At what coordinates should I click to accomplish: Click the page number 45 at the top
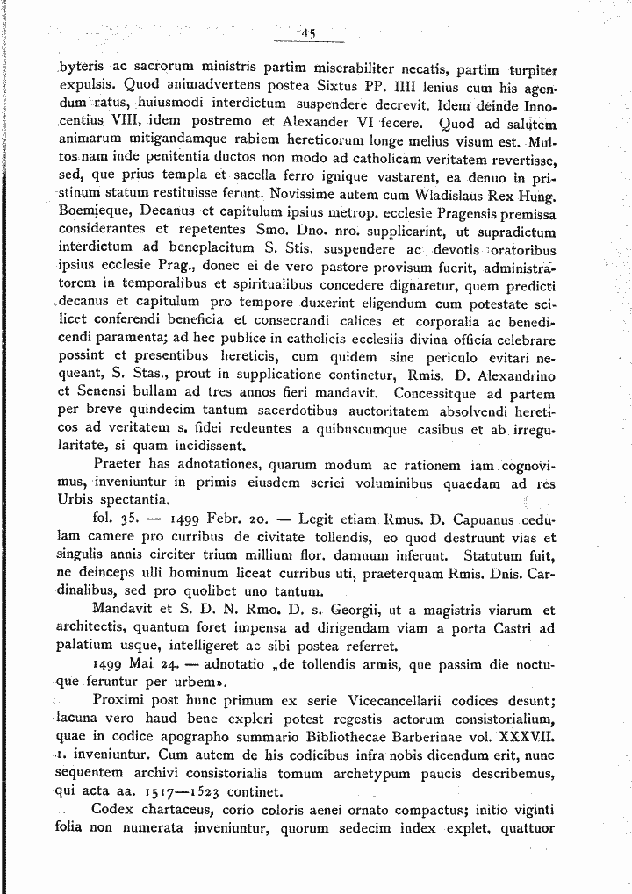pos(308,34)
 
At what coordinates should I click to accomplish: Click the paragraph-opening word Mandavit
pos(126,611)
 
